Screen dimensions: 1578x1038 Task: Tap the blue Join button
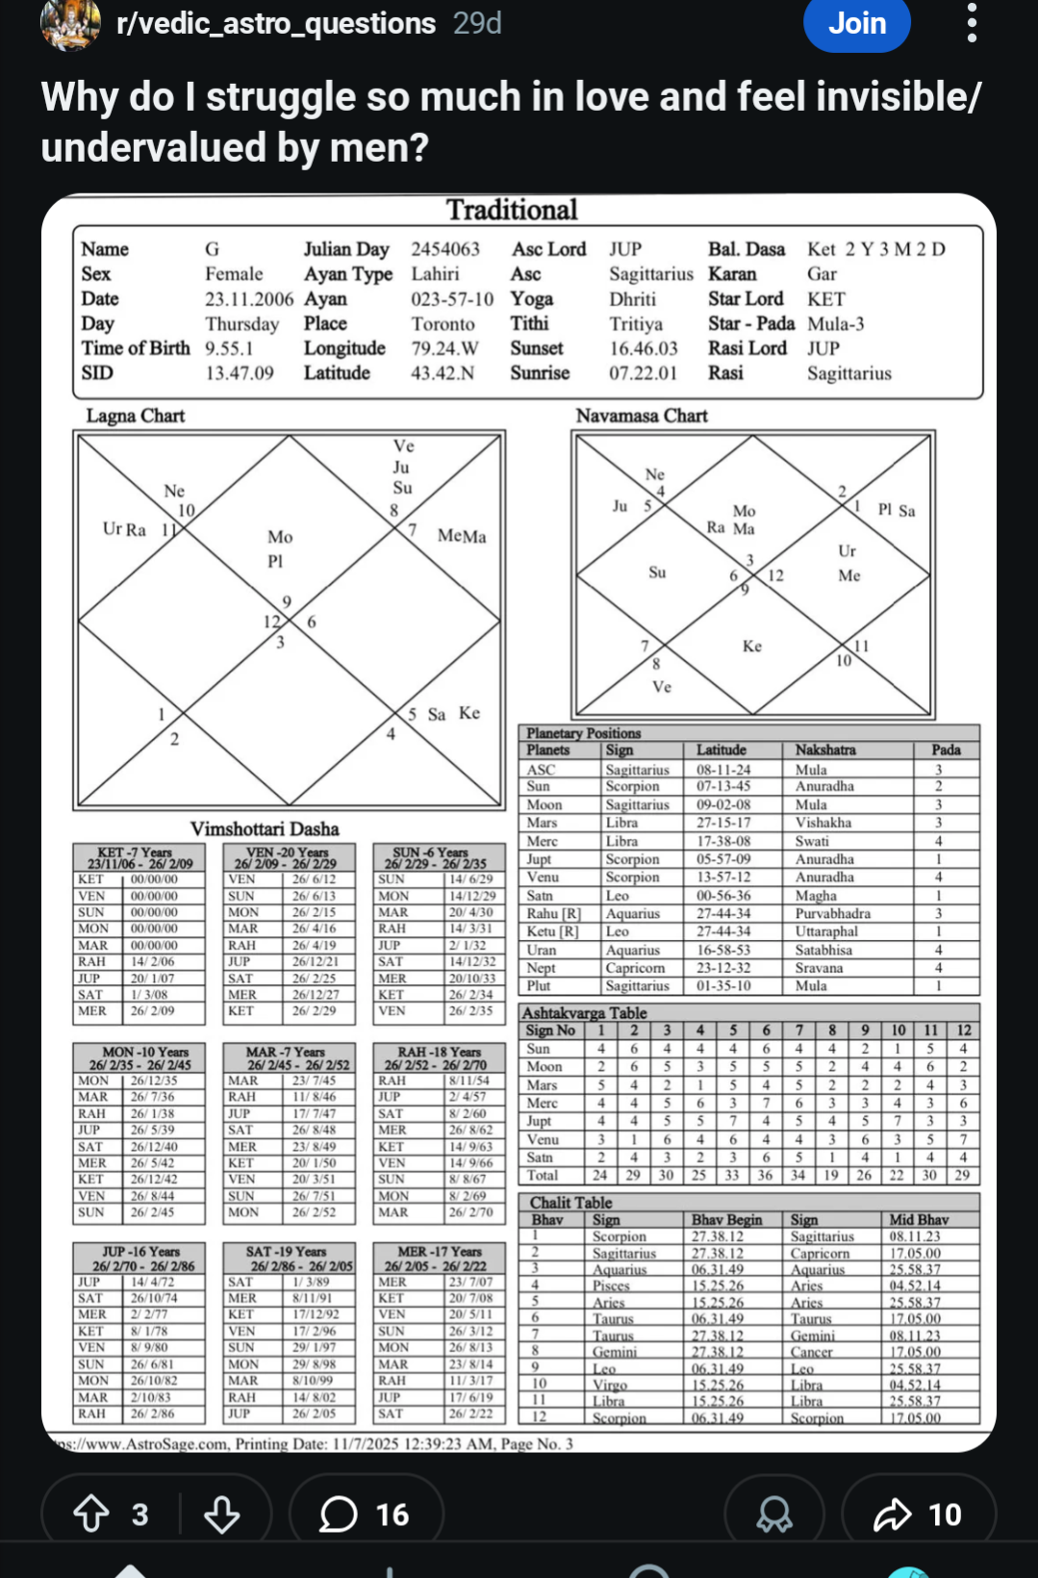856,23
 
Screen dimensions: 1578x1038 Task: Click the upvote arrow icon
91,1514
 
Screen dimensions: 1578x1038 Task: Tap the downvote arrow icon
221,1514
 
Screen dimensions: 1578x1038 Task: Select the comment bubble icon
339,1514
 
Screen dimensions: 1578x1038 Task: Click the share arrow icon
892,1514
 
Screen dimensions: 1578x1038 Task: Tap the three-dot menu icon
972,23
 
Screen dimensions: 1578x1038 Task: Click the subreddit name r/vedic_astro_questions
276,23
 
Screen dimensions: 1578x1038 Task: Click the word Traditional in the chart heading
512,210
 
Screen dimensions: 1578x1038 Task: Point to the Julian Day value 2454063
445,249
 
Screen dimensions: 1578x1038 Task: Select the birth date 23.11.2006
249,299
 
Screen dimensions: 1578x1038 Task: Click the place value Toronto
443,324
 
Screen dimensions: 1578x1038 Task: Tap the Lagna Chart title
136,416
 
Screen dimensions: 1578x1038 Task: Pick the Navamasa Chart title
642,416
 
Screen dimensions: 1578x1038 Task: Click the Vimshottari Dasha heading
265,828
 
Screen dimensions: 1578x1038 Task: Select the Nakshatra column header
825,750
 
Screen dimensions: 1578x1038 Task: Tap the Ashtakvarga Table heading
584,1012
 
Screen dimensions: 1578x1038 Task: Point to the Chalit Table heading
570,1202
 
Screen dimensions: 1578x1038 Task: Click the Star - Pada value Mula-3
836,324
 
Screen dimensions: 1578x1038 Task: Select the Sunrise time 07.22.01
643,373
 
